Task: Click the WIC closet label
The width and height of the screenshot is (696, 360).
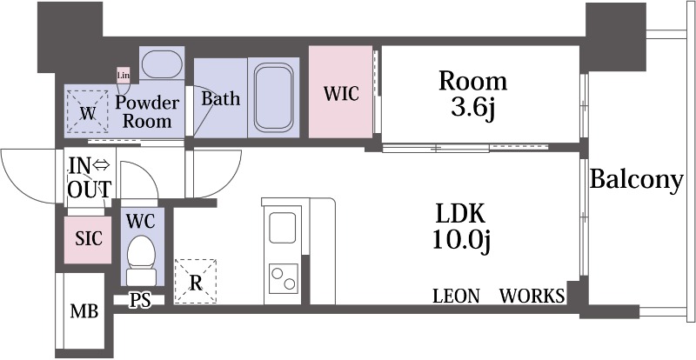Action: point(341,94)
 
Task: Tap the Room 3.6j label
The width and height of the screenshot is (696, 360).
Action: point(472,94)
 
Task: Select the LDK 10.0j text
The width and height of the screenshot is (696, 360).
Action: point(460,228)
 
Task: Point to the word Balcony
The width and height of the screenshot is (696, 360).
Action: point(636,180)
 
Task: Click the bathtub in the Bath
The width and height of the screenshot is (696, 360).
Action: point(274,97)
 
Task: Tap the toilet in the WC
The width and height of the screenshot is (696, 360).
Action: point(141,261)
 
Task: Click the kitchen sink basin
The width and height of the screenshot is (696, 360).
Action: point(283,227)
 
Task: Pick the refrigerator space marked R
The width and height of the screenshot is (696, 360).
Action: point(195,282)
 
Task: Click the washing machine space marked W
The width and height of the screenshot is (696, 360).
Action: point(88,111)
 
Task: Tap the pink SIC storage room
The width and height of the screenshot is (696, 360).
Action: point(88,240)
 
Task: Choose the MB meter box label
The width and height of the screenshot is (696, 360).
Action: point(84,311)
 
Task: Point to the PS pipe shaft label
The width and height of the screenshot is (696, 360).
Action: point(140,301)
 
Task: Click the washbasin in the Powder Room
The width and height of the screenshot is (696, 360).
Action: point(162,63)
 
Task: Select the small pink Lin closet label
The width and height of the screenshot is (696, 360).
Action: point(123,75)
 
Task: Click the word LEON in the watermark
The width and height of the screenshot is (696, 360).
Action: point(456,296)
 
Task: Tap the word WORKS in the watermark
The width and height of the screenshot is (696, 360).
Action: point(532,296)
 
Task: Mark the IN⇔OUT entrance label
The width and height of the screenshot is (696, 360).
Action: point(90,178)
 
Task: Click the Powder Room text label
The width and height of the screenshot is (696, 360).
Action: point(147,111)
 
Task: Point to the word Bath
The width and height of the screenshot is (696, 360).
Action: point(221,98)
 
